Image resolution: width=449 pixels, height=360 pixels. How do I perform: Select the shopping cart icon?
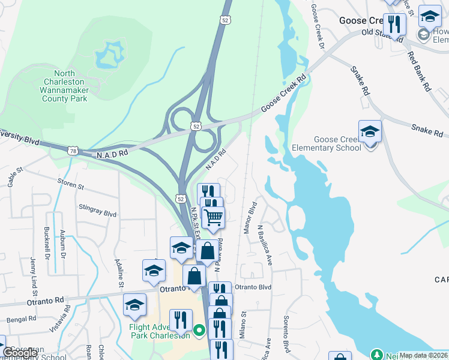213,217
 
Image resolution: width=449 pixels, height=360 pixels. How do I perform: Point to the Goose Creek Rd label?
284,95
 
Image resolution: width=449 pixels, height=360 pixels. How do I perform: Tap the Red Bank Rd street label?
419,71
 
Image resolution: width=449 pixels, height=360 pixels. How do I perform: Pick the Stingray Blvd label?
97,210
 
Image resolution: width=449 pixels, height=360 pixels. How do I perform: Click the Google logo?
20,353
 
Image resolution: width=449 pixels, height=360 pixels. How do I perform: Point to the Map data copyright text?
423,355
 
